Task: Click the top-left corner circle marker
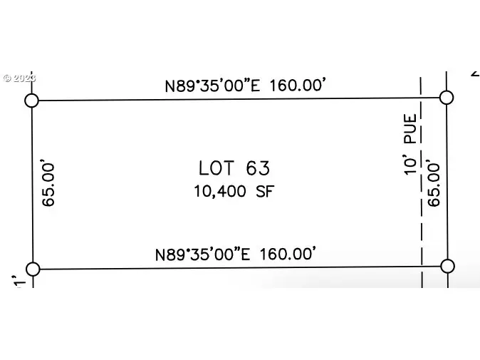(31, 101)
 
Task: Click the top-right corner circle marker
(447, 98)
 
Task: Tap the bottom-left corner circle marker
(33, 269)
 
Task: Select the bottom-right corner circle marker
(447, 266)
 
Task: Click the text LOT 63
(234, 168)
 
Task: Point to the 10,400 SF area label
(234, 192)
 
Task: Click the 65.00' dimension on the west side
(48, 182)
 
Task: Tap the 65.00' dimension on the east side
(434, 182)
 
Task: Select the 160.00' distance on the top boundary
(298, 85)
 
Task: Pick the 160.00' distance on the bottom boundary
(288, 254)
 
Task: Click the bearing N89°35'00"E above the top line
(212, 86)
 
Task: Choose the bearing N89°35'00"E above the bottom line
(203, 254)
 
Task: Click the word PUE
(410, 129)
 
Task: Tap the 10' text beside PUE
(410, 166)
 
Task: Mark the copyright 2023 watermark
(20, 78)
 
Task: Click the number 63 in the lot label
(258, 168)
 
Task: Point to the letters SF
(265, 192)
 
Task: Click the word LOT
(216, 168)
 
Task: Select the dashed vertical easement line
(421, 182)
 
